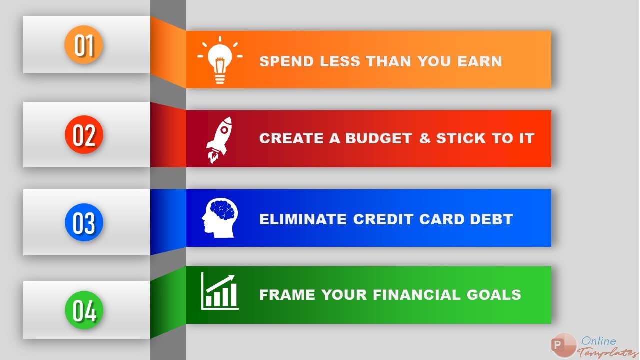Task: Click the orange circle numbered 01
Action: click(83, 45)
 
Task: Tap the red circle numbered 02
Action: click(83, 134)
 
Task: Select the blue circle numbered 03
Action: click(83, 223)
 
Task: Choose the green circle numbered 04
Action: click(83, 310)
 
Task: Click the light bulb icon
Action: click(220, 60)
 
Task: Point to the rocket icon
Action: click(220, 140)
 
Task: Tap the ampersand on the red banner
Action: click(425, 138)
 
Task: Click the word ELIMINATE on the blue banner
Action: click(303, 219)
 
